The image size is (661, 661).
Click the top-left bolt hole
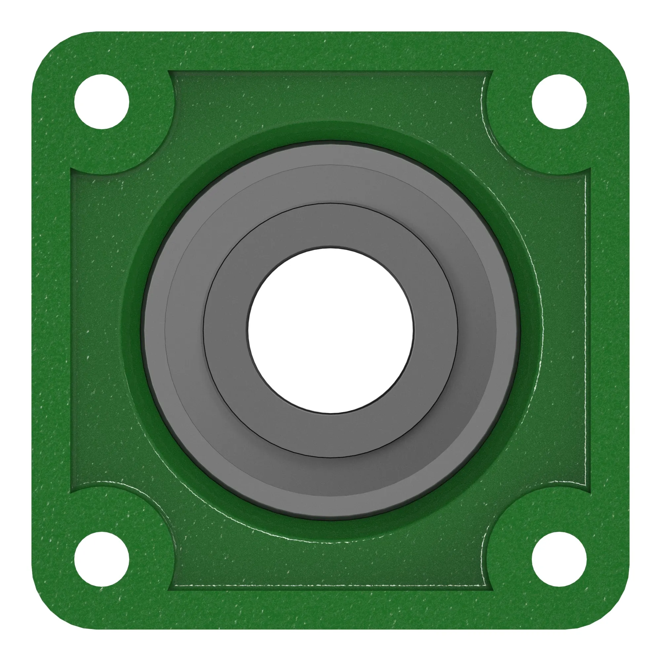point(101,101)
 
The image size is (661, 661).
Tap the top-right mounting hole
point(559,101)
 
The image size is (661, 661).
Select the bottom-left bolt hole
point(101,559)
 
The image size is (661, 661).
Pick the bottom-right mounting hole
point(559,559)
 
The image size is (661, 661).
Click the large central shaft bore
point(330,330)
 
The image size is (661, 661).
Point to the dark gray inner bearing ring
point(330,226)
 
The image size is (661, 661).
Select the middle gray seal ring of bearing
point(330,185)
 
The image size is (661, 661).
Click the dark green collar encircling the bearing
point(330,132)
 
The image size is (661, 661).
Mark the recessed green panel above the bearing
point(330,96)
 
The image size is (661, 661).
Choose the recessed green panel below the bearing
point(330,568)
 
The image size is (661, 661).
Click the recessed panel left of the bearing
point(96,330)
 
